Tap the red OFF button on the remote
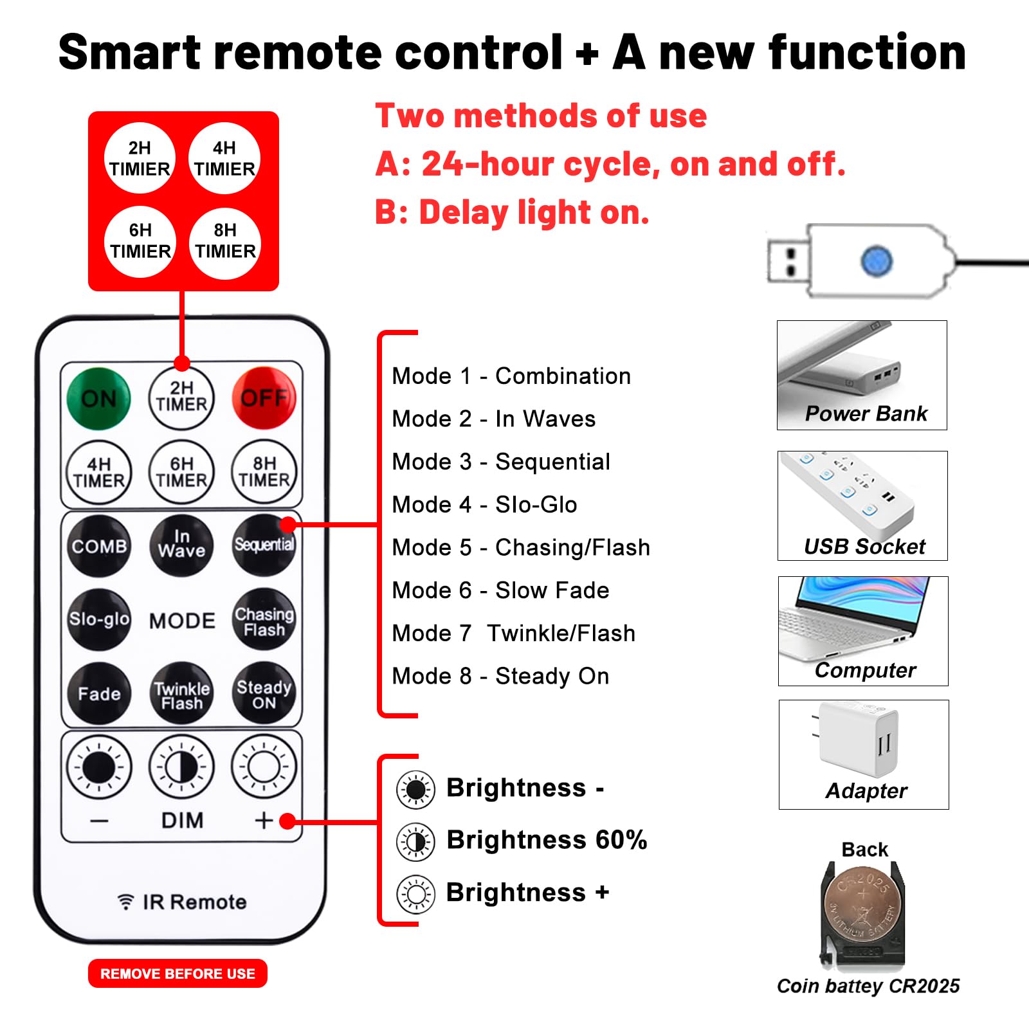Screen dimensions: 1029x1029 tap(264, 398)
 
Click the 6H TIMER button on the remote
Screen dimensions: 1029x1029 tap(181, 472)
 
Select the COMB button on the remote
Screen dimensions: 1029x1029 tap(99, 546)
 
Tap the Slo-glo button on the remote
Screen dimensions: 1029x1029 tap(99, 619)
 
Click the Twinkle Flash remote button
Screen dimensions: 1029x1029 tap(182, 695)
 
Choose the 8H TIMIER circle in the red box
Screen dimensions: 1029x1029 tap(225, 242)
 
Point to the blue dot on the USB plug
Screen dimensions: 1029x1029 tap(876, 261)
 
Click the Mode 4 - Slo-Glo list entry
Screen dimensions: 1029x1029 tap(484, 505)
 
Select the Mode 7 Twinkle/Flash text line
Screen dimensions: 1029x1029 tap(513, 633)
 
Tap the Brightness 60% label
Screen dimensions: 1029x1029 tap(546, 840)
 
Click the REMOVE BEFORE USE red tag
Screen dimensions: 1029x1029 tap(178, 974)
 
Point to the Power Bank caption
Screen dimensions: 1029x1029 tap(866, 414)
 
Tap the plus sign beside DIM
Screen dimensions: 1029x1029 tap(264, 821)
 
